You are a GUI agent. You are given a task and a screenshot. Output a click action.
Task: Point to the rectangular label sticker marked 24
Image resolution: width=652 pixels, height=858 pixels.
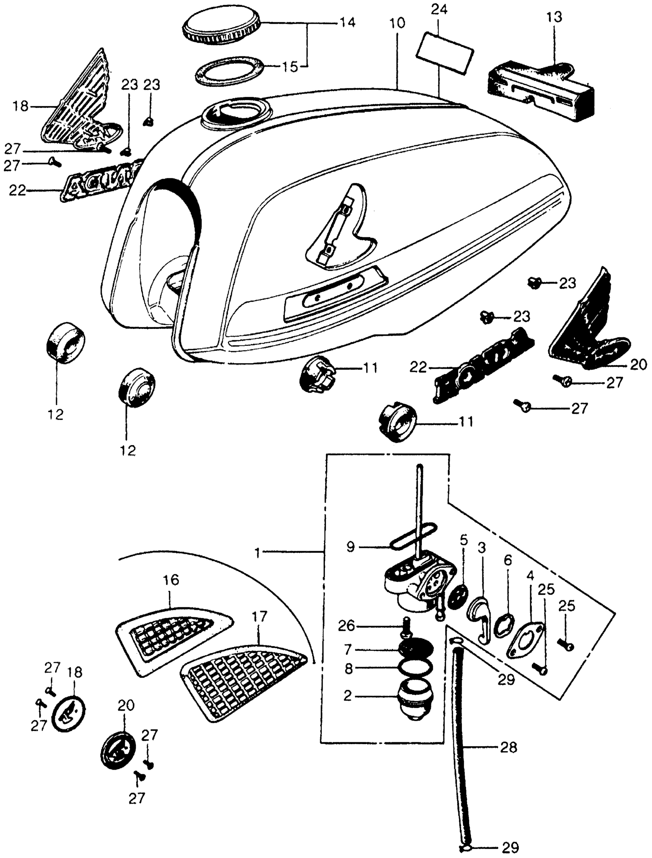pyautogui.click(x=445, y=54)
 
